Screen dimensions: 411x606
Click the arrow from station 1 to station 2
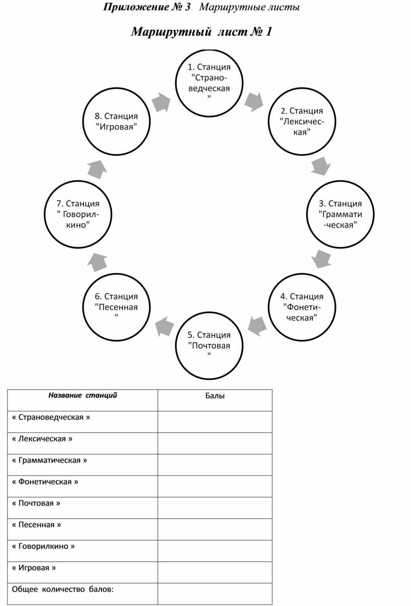click(254, 102)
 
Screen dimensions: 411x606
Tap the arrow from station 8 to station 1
click(161, 102)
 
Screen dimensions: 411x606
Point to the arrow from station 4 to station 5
click(257, 326)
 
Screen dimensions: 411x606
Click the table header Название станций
click(83, 395)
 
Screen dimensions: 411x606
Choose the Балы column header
click(215, 396)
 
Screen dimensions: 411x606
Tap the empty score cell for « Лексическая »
click(215, 443)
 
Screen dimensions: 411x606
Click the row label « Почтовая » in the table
click(36, 503)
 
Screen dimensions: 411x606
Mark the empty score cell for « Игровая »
click(215, 572)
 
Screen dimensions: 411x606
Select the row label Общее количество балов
click(62, 589)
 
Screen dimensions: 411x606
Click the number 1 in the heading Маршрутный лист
click(268, 32)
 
